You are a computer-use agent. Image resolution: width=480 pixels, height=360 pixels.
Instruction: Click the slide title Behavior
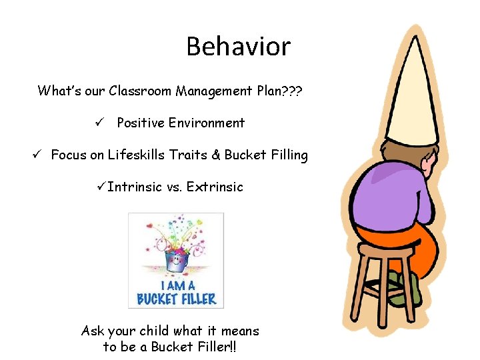pyautogui.click(x=238, y=47)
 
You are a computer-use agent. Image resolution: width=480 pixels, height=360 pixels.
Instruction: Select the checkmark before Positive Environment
pyautogui.click(x=97, y=123)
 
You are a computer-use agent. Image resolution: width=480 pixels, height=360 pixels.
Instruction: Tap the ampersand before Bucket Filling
pyautogui.click(x=215, y=155)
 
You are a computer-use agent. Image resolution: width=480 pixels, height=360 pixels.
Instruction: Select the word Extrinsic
pyautogui.click(x=215, y=187)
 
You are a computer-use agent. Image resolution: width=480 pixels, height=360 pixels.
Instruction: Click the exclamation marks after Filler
pyautogui.click(x=232, y=347)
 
